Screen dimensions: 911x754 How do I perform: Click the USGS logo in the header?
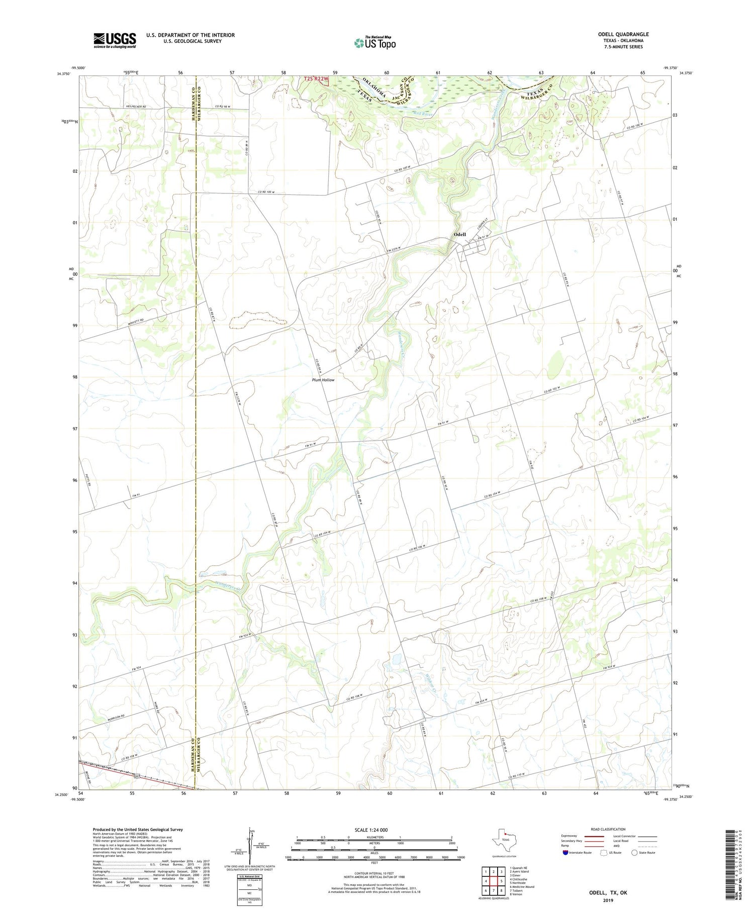115,40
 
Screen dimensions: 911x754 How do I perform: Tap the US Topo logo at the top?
374,43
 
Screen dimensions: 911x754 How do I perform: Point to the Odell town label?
459,235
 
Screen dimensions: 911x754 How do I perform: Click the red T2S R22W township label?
316,79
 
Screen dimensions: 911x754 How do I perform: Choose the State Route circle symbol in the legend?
635,853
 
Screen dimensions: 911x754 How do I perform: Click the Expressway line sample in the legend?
594,836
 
